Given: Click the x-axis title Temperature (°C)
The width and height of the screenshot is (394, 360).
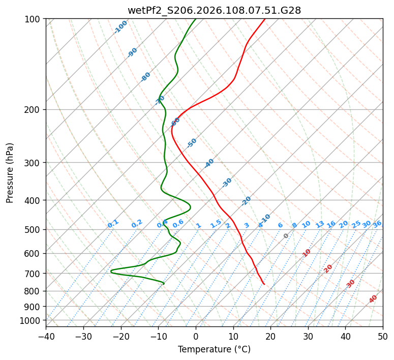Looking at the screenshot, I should coord(214,350).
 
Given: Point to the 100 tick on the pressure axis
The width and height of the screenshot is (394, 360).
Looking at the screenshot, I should coord(34,19).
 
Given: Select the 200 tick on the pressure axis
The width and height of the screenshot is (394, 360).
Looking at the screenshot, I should coord(34,110).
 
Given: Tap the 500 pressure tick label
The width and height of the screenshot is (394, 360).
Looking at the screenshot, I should coord(34,229).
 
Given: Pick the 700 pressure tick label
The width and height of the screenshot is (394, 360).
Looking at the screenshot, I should coord(34,274).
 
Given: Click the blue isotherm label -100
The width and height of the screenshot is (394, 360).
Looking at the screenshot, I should coord(121,27).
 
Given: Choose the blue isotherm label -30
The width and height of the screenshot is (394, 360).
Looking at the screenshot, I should coord(227,183).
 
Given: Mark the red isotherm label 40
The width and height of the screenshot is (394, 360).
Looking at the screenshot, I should coord(373,299).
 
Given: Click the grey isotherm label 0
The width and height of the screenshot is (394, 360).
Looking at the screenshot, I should coord(286,236).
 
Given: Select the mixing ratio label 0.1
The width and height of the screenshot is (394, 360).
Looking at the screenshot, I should coord(113,223).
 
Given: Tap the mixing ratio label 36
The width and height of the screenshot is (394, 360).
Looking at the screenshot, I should coord(377,224).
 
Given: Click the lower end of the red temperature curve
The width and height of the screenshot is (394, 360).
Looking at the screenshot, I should coord(264,284).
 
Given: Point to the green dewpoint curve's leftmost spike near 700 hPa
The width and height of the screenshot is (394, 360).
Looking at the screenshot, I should coord(111,271).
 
